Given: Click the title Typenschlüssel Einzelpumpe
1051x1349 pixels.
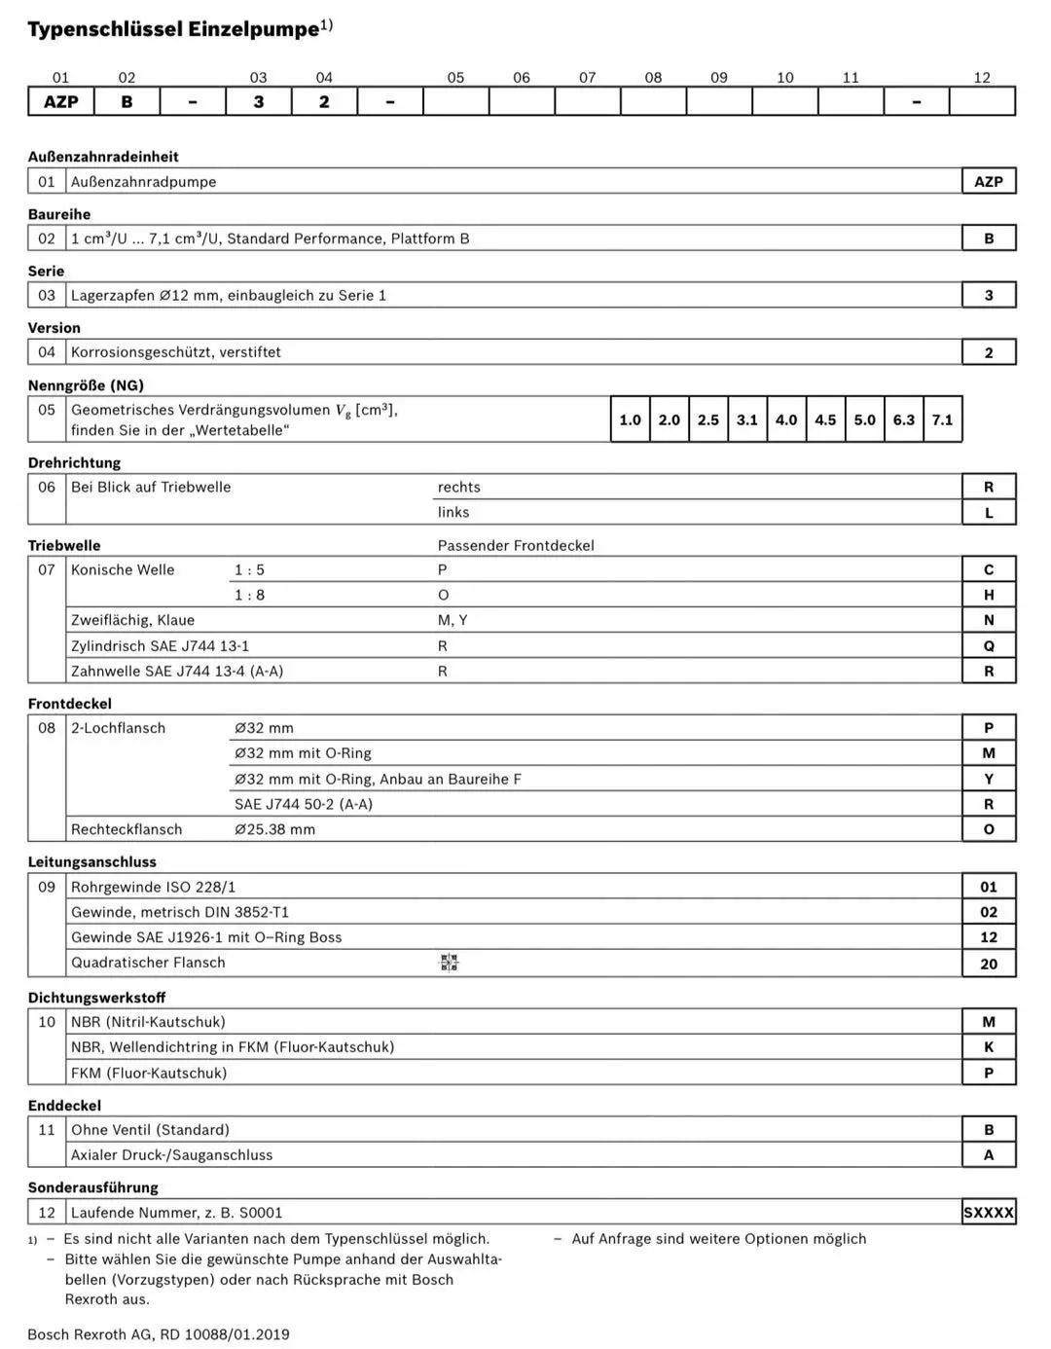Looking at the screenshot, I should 173,29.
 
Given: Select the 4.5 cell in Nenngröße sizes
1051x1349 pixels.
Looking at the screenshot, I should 825,419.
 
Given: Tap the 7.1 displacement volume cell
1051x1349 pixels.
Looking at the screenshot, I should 942,419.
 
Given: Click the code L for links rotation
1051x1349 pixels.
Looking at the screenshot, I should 989,513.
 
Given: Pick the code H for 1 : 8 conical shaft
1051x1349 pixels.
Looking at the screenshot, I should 989,595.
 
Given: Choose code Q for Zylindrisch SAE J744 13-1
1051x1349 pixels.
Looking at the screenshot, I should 989,645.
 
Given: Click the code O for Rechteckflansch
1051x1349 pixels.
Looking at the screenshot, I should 989,829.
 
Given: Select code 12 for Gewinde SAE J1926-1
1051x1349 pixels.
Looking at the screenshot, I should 989,937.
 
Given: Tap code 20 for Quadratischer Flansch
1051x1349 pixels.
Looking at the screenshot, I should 989,964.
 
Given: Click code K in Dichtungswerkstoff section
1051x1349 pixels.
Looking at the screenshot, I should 989,1047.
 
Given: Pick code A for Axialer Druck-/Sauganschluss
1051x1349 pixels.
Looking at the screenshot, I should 989,1155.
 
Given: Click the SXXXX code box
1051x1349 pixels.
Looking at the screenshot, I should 989,1213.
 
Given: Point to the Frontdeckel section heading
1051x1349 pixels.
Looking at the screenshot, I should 69,704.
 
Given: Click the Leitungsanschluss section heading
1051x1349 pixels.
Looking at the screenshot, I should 91,861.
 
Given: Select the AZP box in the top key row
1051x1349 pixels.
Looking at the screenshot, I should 60,101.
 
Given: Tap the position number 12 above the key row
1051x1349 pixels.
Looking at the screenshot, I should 982,78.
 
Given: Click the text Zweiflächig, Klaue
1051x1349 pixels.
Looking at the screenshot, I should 132,620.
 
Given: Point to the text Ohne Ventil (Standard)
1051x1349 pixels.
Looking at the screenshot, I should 150,1130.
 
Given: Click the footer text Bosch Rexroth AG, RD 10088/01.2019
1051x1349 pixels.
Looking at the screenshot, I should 159,1334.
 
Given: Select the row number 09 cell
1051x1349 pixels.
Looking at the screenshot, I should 47,887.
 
